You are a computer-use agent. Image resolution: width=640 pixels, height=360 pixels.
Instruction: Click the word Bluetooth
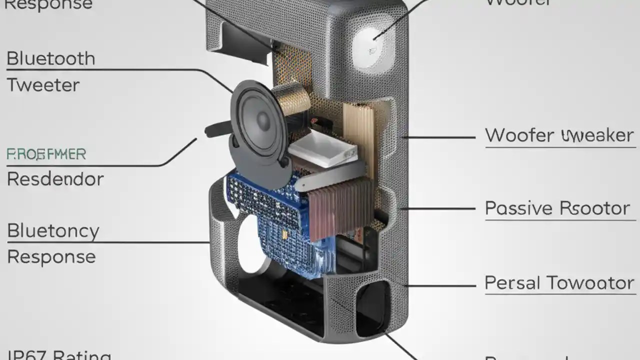pos(50,59)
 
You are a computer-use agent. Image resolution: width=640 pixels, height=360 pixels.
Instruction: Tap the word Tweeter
pos(43,85)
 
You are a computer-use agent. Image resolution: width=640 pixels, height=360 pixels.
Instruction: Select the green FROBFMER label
pos(46,154)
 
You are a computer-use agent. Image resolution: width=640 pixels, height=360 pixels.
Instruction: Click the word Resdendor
pos(55,179)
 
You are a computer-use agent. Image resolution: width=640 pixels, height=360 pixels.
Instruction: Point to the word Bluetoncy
pos(53,231)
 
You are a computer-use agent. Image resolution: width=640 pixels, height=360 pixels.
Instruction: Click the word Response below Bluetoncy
pos(51,257)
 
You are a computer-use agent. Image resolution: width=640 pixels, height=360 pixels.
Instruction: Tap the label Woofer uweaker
pos(559,135)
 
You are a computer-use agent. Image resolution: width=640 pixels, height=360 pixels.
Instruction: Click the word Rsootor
pos(594,208)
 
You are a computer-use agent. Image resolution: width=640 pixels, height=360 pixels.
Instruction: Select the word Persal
pos(512,283)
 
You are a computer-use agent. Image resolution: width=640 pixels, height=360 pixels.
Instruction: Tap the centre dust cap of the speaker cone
pos(263,120)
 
